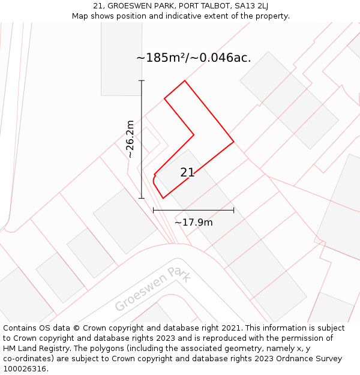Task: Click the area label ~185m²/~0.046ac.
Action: (x=194, y=58)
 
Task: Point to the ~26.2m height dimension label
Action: (x=130, y=139)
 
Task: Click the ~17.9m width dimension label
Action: (x=193, y=223)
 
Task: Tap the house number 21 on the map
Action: (x=187, y=173)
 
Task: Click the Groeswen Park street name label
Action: (x=153, y=289)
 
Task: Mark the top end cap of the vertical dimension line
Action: (x=142, y=80)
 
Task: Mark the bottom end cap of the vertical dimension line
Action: (x=142, y=198)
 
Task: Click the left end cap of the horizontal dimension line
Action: (x=154, y=210)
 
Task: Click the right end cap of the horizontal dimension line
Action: (x=233, y=210)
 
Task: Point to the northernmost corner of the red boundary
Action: (x=184, y=80)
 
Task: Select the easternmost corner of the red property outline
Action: (x=233, y=142)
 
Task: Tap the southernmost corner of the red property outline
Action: (x=163, y=198)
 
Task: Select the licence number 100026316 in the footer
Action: (x=26, y=369)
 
